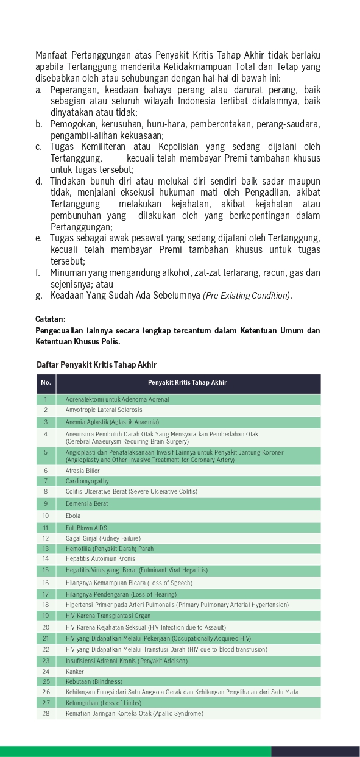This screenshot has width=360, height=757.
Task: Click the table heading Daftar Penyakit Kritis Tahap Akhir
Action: click(96, 364)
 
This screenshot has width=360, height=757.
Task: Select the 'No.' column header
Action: click(46, 383)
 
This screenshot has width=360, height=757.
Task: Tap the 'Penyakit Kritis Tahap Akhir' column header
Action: click(187, 383)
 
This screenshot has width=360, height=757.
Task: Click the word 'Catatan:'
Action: click(51, 319)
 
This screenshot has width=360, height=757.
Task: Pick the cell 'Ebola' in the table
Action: click(73, 516)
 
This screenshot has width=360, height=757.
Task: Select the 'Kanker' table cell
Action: click(75, 672)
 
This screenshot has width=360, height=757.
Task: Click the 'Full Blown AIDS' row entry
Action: click(86, 528)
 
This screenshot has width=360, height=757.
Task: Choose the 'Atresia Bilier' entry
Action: click(83, 471)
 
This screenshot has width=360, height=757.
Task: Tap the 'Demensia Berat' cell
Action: click(86, 504)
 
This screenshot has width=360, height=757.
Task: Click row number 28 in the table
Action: click(46, 713)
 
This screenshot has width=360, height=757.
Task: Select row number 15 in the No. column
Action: click(46, 570)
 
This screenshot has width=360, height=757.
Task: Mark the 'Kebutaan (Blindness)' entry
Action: click(94, 681)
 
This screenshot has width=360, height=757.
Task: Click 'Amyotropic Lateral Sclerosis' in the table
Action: click(104, 410)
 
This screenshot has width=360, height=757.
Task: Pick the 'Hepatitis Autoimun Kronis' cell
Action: click(101, 558)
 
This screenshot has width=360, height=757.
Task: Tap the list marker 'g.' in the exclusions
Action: click(39, 296)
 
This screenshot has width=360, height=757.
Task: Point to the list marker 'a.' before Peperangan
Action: click(38, 90)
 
